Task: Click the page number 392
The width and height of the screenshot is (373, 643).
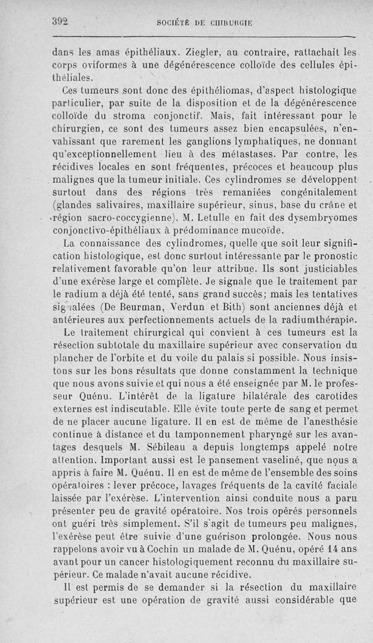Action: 60,22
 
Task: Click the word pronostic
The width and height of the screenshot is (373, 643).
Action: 335,256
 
